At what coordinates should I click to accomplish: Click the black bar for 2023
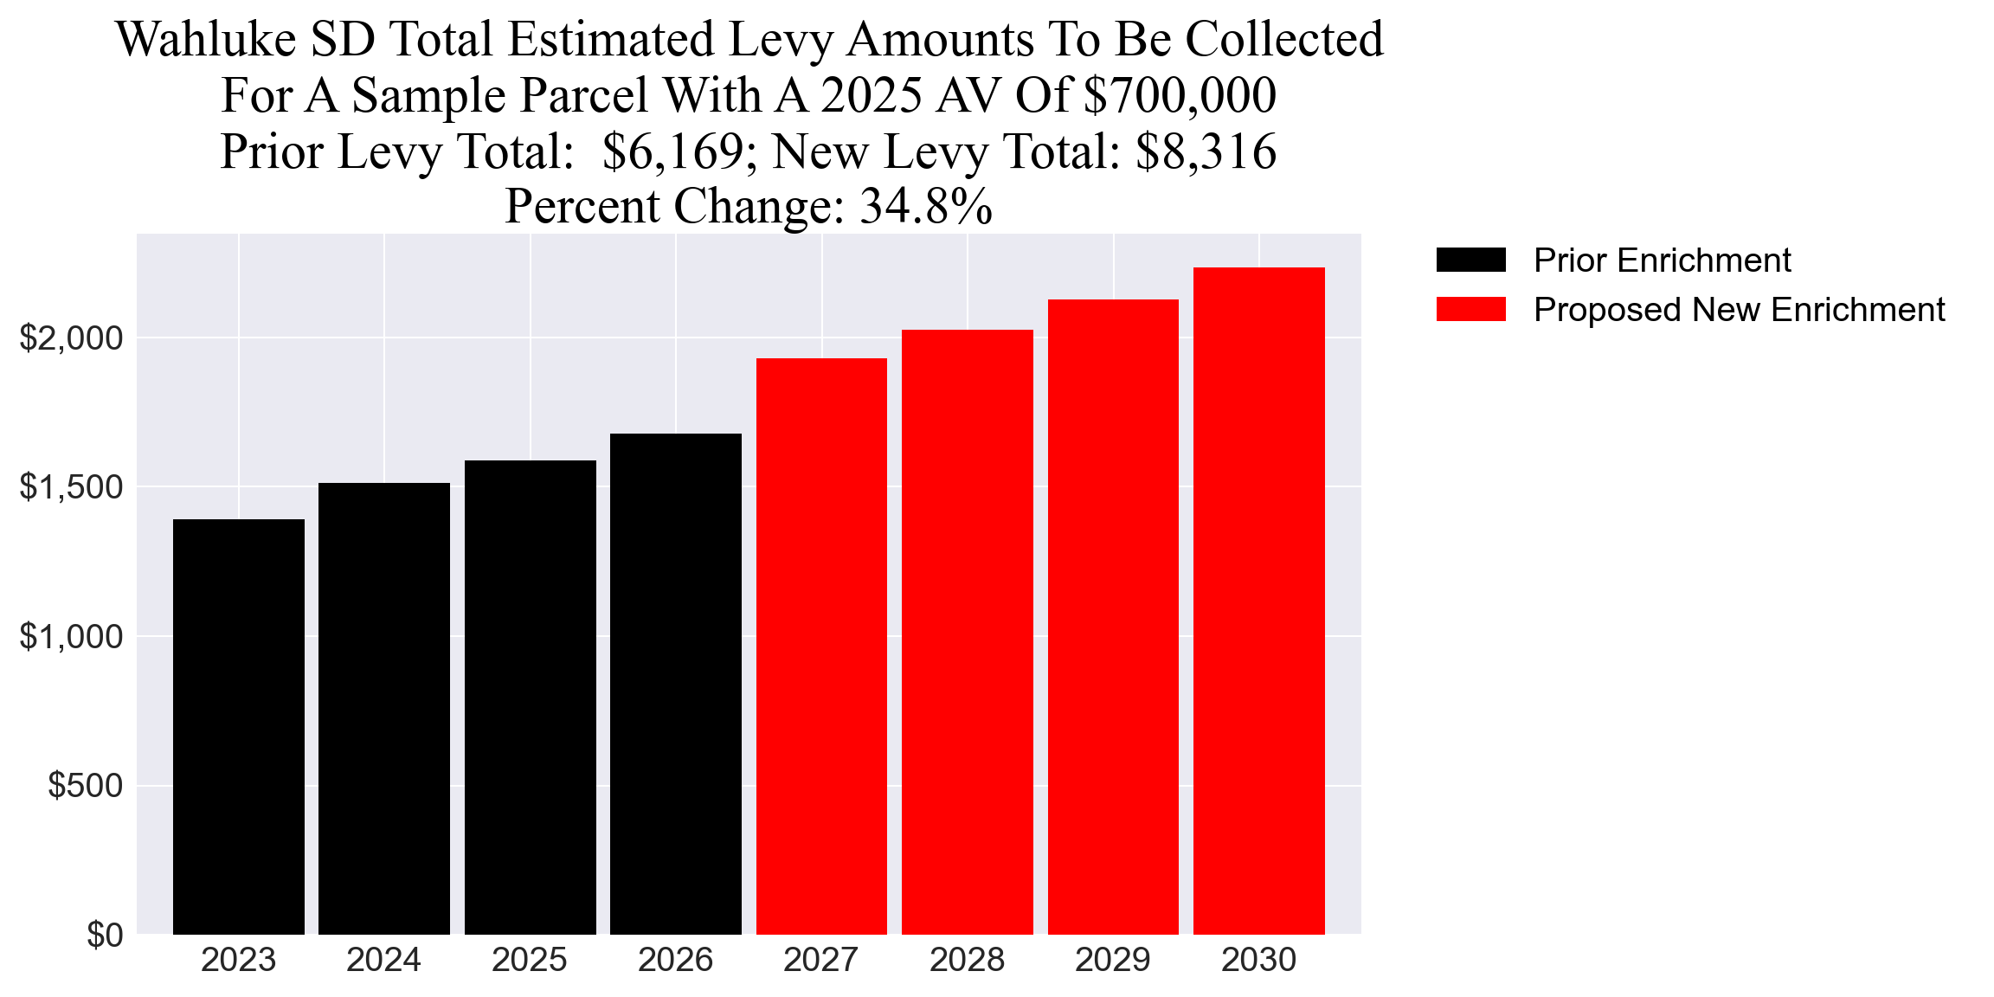[239, 727]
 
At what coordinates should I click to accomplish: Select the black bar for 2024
[384, 709]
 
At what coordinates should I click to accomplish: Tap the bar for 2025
[530, 698]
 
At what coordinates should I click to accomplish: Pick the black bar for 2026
[675, 684]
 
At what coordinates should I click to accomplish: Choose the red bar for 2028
[967, 632]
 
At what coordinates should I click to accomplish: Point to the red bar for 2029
[1113, 617]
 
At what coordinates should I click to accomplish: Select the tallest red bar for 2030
[1258, 601]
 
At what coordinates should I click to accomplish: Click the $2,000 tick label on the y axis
[72, 338]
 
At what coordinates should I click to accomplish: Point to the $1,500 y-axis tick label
[72, 487]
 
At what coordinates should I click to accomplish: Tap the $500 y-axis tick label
[85, 786]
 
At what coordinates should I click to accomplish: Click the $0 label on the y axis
[105, 936]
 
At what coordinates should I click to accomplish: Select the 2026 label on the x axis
[675, 960]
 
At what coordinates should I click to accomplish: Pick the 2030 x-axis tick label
[1258, 960]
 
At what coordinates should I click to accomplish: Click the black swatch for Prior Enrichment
[1470, 260]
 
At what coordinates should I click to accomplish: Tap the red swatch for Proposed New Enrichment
[1470, 309]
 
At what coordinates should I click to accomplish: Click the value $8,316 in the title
[1206, 152]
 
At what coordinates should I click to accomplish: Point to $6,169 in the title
[672, 152]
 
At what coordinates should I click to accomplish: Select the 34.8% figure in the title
[925, 208]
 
